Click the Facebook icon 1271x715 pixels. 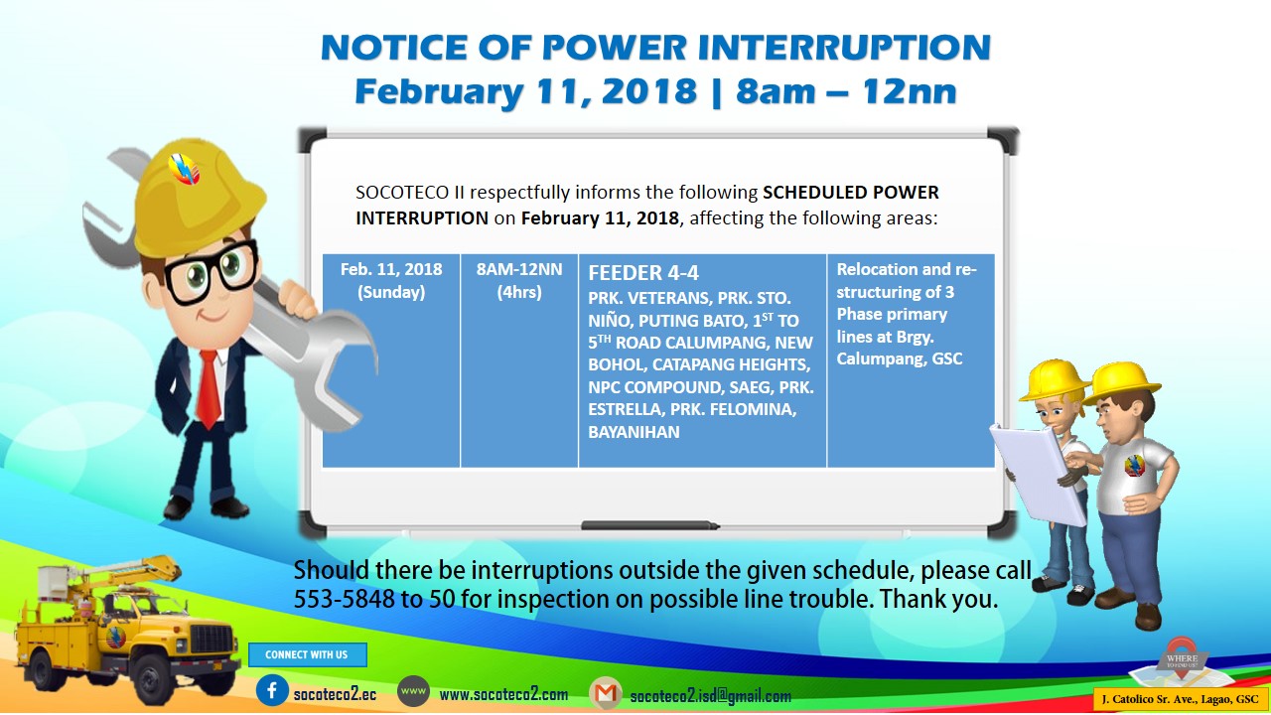coord(272,690)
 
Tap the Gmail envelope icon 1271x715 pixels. coord(606,693)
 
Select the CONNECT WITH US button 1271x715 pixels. coord(307,654)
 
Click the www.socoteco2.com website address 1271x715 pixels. coord(503,694)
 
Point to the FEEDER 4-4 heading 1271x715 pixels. coord(643,273)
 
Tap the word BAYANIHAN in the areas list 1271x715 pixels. coord(634,432)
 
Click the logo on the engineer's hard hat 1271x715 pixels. coord(184,169)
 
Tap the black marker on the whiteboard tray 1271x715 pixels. coord(650,525)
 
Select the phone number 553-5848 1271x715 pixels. coord(344,599)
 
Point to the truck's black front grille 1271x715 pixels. coord(212,640)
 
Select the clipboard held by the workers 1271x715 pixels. coord(1040,474)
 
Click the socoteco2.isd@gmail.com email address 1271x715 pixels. coord(710,696)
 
